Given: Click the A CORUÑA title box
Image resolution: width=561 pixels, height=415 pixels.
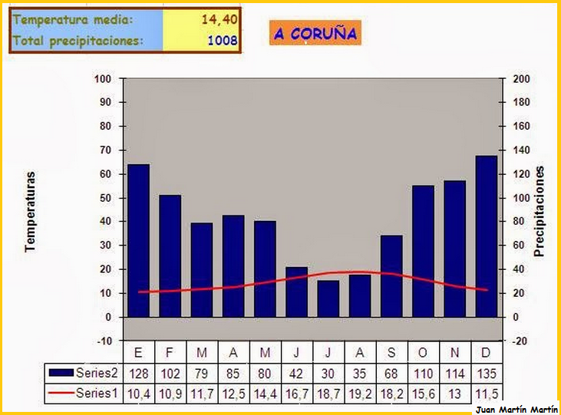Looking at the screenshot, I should click(315, 33).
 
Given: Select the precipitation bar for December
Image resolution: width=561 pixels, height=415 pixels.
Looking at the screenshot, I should click(486, 236).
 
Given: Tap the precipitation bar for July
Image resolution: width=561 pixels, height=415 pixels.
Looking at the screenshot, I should click(328, 298).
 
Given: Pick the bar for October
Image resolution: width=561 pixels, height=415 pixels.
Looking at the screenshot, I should click(423, 251).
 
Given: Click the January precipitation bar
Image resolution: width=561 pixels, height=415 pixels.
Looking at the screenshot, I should click(138, 240).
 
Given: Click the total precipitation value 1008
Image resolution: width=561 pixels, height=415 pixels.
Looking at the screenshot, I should click(223, 41).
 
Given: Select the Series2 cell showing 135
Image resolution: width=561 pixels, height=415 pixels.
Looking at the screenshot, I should click(486, 373).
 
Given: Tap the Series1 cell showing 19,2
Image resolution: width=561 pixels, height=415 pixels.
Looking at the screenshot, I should click(359, 393).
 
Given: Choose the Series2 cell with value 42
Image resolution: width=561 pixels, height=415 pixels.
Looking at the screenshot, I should click(296, 373).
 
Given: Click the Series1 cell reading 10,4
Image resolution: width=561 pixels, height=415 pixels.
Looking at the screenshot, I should click(138, 393).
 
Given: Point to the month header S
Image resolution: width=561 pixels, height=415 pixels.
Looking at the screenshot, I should click(391, 352).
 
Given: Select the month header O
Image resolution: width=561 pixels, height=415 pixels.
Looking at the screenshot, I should click(423, 352).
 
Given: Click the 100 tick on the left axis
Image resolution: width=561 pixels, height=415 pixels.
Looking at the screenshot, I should click(103, 79).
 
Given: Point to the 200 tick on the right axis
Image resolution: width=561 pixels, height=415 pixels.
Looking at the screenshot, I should click(521, 79).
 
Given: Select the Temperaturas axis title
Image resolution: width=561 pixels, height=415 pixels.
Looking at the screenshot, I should click(31, 211).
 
